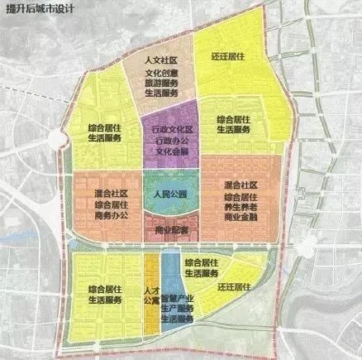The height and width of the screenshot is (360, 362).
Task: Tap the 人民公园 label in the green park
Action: (168, 193)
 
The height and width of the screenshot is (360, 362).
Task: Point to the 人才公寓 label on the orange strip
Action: (151, 296)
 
